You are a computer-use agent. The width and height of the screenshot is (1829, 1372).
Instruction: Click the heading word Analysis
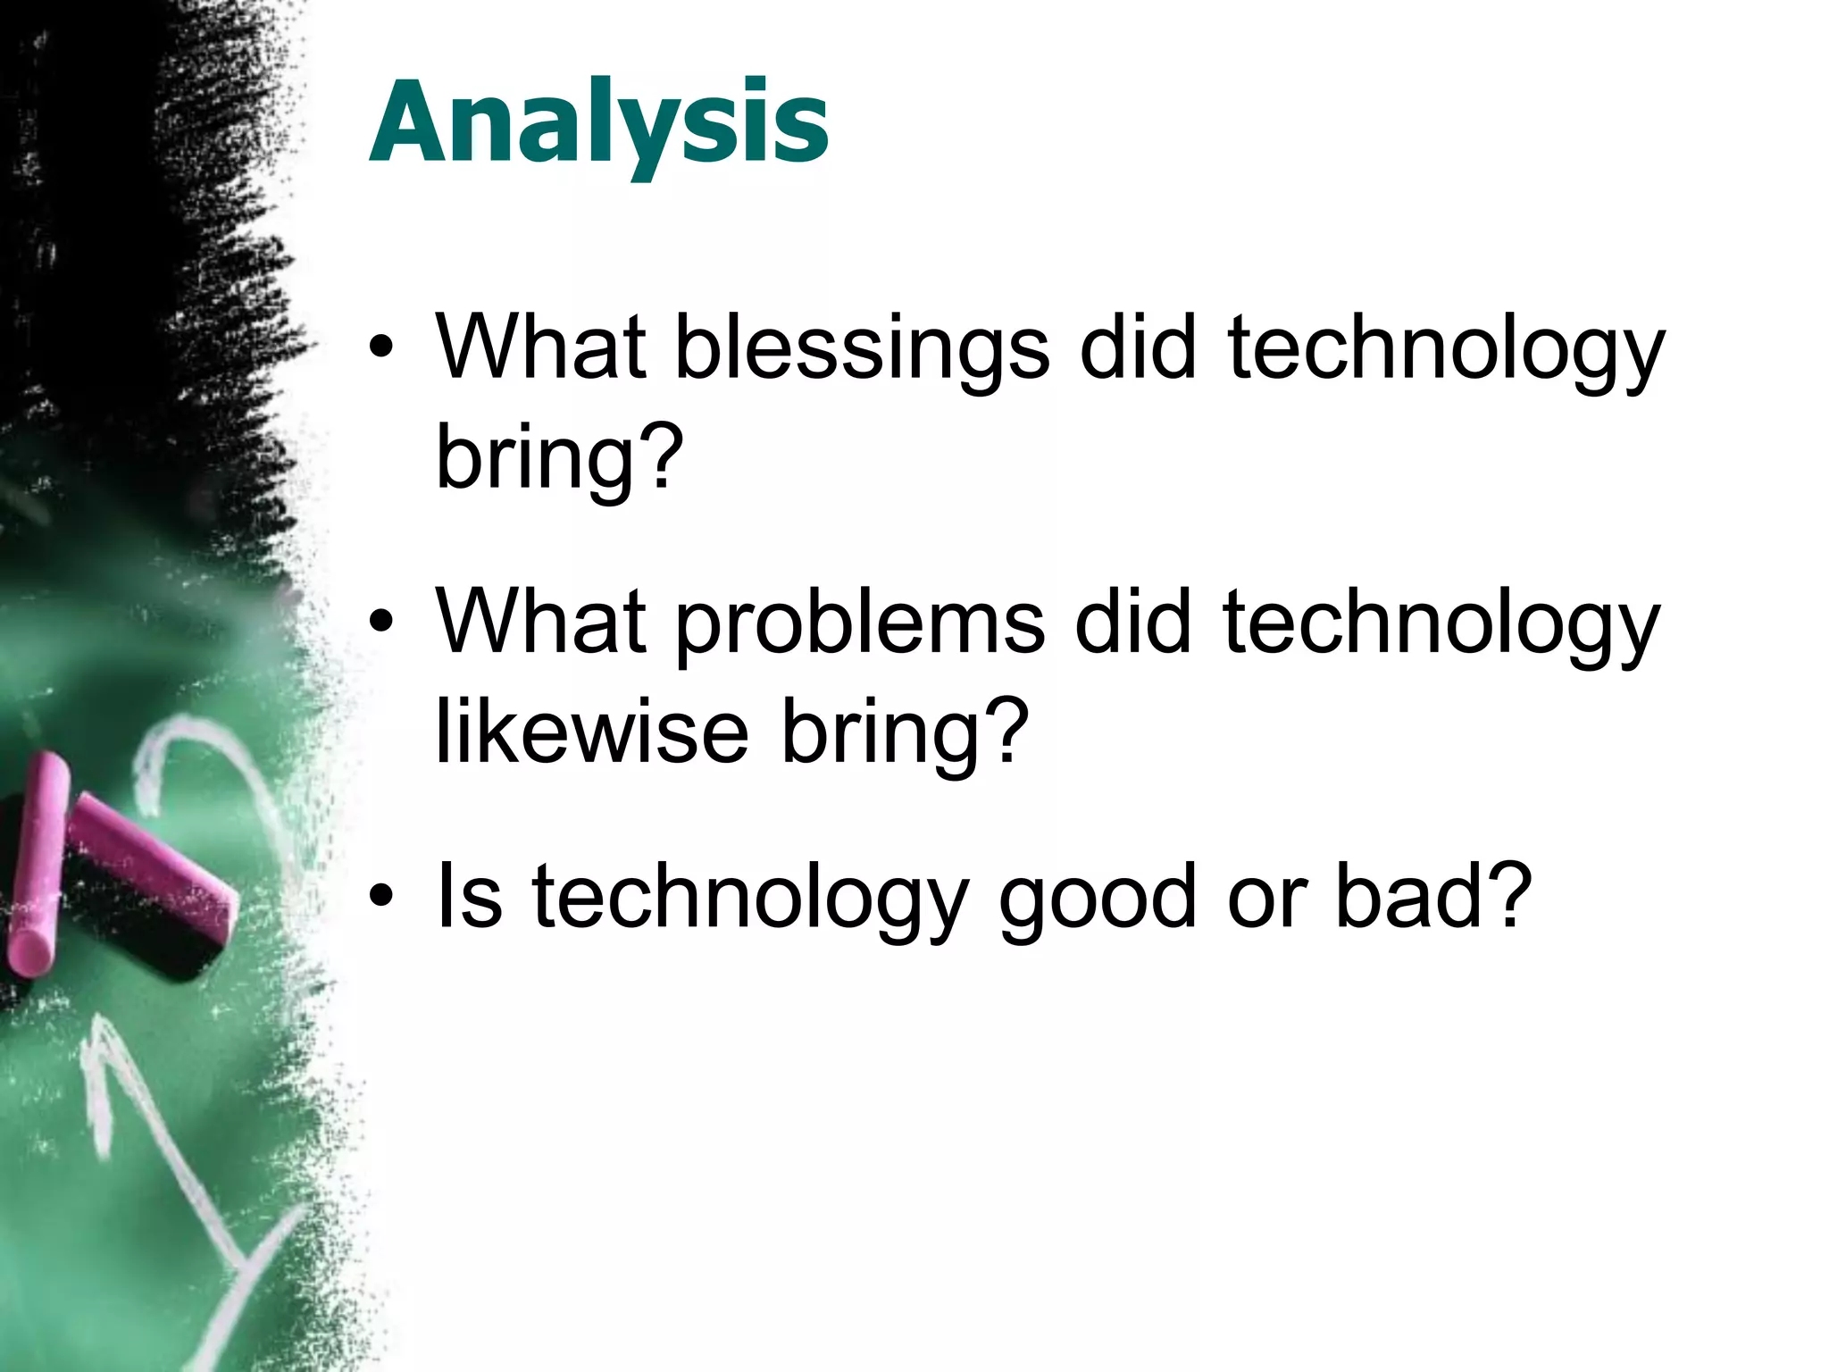(x=598, y=125)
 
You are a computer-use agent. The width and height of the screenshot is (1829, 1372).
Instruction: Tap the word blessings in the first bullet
(x=861, y=348)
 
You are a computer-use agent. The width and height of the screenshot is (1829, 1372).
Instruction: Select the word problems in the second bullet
(x=859, y=623)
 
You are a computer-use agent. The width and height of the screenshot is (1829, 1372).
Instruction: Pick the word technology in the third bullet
(x=750, y=899)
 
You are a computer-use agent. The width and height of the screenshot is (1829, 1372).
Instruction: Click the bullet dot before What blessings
(x=381, y=349)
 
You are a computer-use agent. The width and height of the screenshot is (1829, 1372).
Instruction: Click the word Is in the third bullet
(x=468, y=895)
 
